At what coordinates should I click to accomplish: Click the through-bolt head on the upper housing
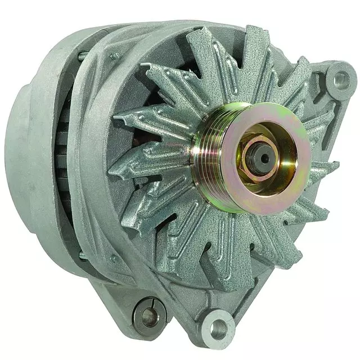[115, 56]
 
